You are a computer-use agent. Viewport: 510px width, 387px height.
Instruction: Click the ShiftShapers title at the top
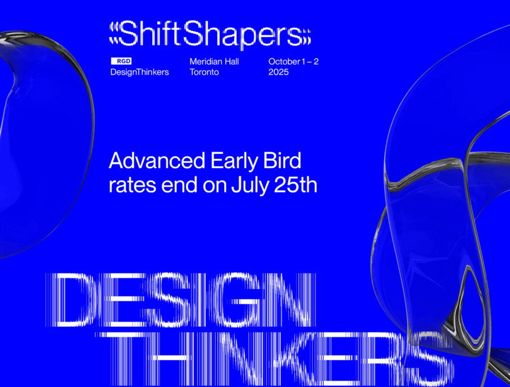210,34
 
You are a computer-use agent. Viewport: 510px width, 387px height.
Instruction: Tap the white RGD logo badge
121,61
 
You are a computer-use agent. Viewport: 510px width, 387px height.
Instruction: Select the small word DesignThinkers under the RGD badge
139,72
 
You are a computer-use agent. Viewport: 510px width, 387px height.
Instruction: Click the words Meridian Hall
214,61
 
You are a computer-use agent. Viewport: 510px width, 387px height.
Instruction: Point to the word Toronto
204,72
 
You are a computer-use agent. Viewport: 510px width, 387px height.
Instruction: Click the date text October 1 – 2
293,61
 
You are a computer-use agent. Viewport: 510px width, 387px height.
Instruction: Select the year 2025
279,72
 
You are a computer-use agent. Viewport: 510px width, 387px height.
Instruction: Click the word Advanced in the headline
157,161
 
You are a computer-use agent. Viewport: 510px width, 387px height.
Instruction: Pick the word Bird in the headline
282,161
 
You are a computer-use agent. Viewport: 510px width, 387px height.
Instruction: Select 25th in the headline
295,185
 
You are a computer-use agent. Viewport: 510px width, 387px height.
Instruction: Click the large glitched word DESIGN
180,300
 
